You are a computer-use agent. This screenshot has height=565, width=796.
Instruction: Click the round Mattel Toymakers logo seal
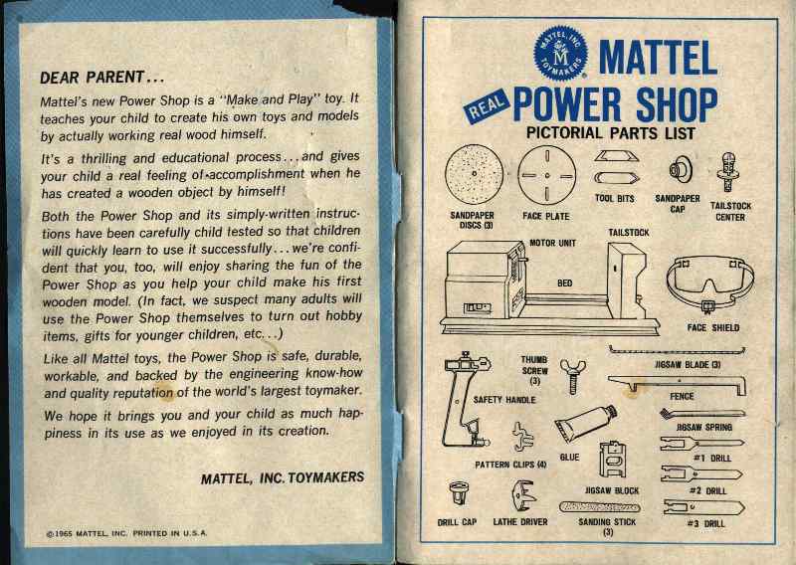[x=560, y=54]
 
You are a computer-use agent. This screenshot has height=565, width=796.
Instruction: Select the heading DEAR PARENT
[x=101, y=77]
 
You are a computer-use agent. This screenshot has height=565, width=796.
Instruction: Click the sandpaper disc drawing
[x=474, y=176]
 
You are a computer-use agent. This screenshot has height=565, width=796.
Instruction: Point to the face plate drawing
[x=547, y=176]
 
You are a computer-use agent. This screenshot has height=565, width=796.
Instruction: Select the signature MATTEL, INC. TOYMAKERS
[x=282, y=477]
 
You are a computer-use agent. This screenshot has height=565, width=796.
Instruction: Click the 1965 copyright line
[x=127, y=533]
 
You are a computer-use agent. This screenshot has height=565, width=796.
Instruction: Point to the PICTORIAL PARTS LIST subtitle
[x=610, y=133]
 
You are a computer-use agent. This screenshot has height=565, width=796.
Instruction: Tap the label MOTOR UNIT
[x=552, y=242]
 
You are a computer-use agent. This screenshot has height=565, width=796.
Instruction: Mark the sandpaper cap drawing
[x=678, y=171]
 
